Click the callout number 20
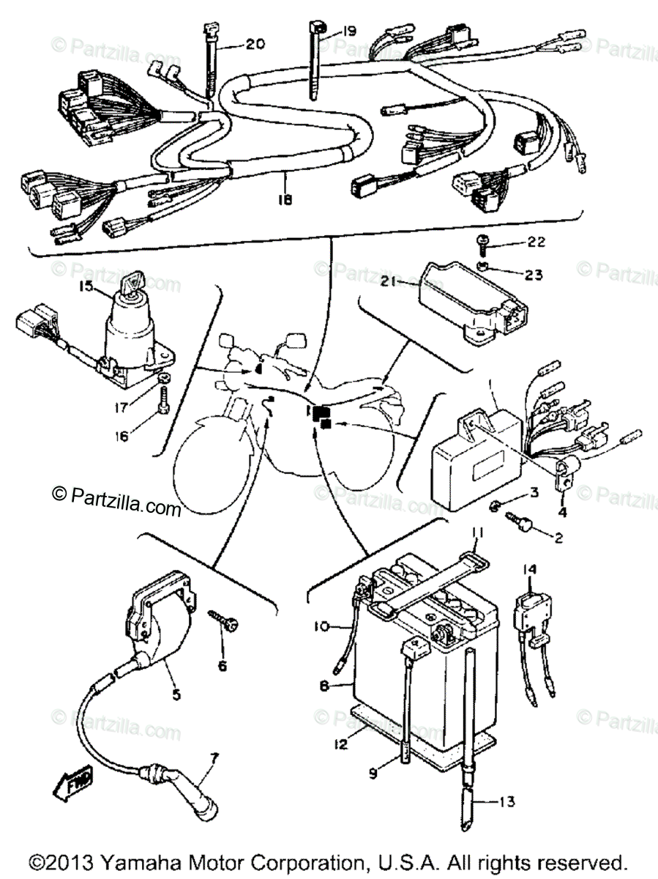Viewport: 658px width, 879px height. tap(255, 44)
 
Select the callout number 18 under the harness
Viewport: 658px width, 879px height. tap(284, 199)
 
